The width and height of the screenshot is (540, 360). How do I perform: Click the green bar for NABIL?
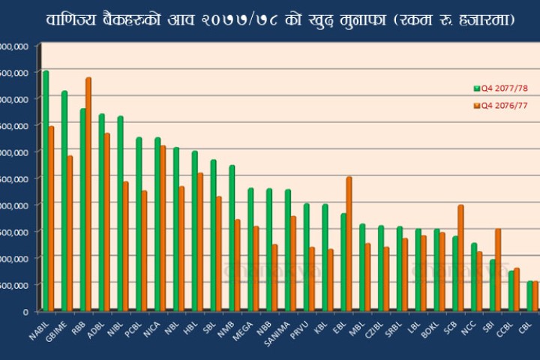[x=46, y=190]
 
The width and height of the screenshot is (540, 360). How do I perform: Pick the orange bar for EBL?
[x=349, y=243]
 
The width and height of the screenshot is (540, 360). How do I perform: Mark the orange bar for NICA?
[x=163, y=228]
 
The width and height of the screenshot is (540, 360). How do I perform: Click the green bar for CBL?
[x=529, y=295]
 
